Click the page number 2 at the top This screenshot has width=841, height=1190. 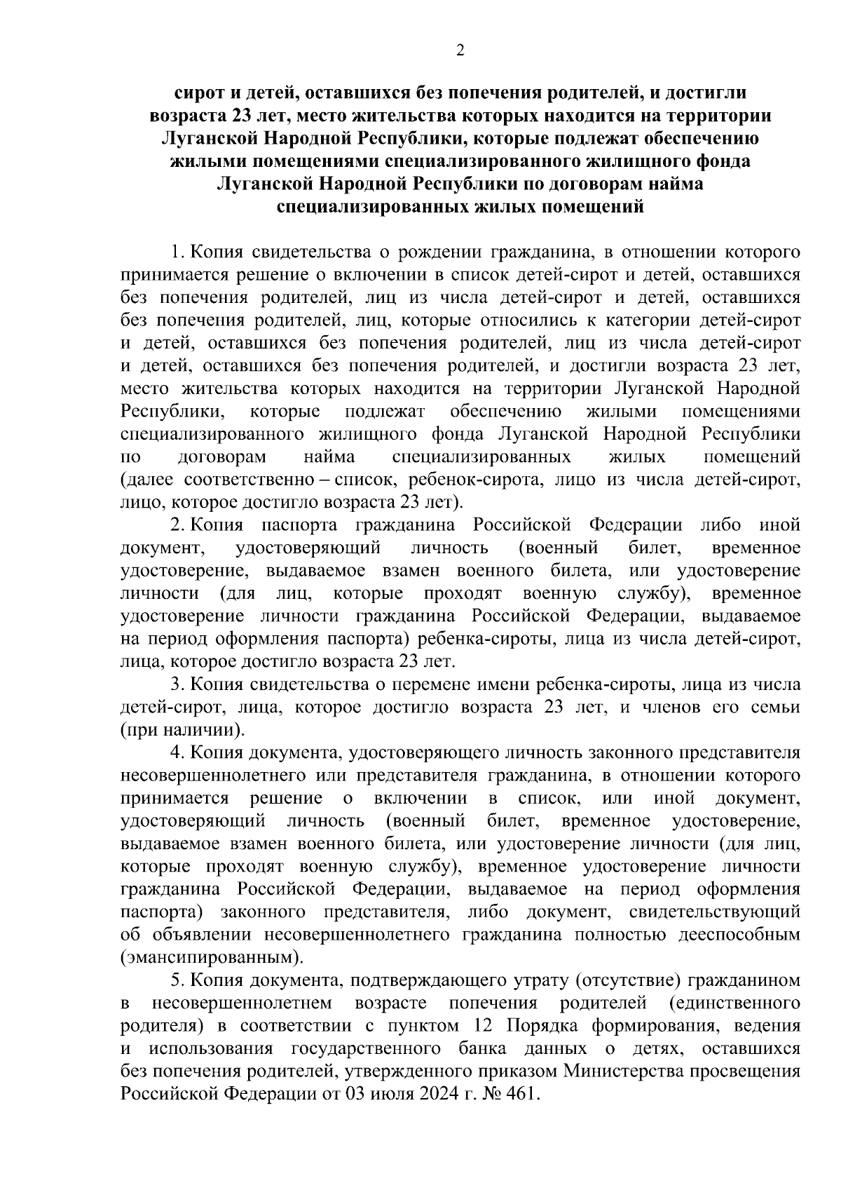(460, 50)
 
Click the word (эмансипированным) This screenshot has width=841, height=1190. (212, 957)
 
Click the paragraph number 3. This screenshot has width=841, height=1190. (176, 684)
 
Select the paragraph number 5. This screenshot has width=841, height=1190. (176, 980)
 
